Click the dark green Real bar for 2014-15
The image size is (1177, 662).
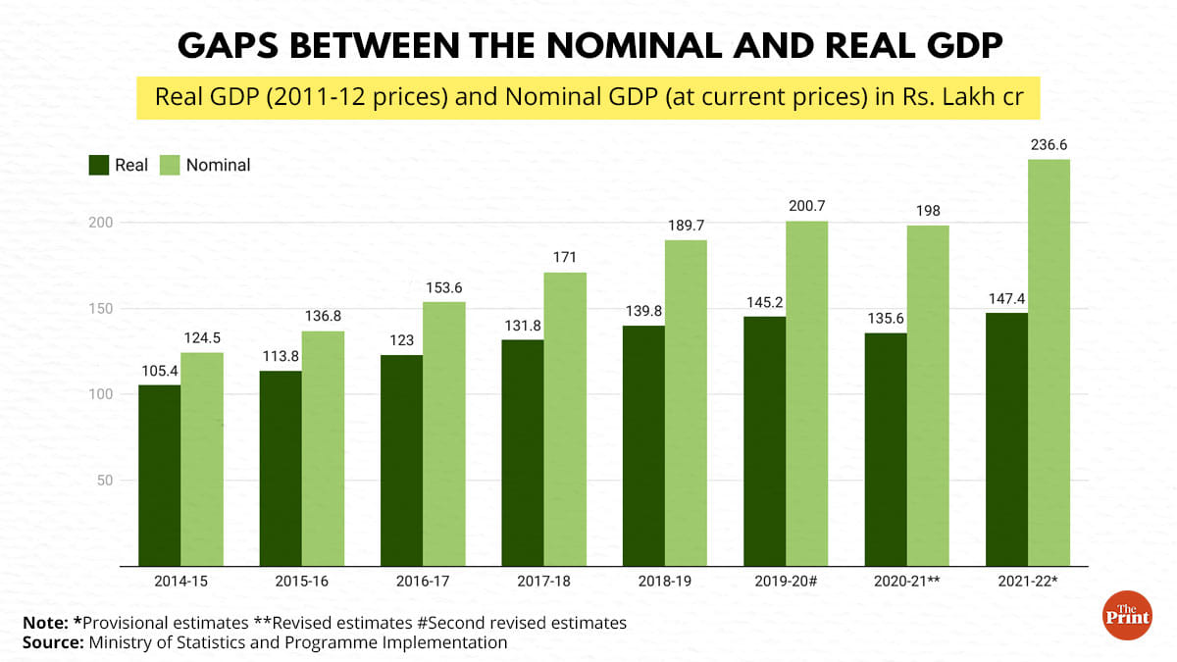click(159, 475)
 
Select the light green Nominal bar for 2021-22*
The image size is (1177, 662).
click(1049, 362)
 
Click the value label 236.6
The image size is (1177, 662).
click(1049, 144)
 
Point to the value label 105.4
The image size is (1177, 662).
click(159, 370)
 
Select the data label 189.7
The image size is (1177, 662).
click(686, 225)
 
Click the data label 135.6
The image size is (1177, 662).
click(886, 318)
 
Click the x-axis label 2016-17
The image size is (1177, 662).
click(423, 581)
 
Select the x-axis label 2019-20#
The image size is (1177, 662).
click(786, 581)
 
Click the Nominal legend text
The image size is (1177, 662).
click(219, 165)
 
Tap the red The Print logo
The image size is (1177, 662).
click(1127, 615)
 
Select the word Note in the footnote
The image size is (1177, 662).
click(43, 623)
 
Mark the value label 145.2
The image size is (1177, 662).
click(764, 301)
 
